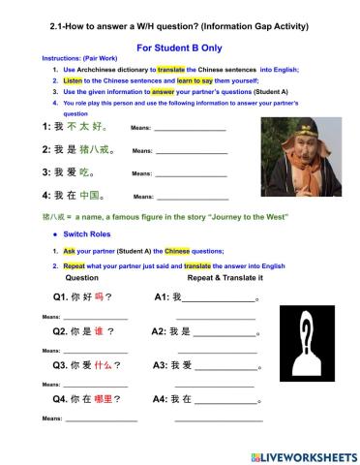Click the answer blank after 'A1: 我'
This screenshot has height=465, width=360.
coord(218,298)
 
